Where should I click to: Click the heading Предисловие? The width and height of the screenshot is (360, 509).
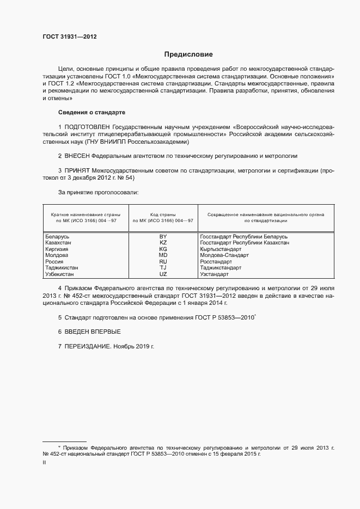point(188,54)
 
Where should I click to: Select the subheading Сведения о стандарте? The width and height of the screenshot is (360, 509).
point(91,112)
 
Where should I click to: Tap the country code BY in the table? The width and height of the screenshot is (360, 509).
point(163,237)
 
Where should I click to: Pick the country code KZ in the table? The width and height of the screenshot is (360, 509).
point(163,243)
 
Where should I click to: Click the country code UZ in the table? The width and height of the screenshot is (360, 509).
point(163,274)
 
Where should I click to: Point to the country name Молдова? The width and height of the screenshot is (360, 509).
point(57,255)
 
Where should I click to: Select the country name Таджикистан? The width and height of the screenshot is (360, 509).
point(62,268)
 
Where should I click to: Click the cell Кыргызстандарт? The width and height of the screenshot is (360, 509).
point(221,249)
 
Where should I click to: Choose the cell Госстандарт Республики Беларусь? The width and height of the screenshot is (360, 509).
point(243,237)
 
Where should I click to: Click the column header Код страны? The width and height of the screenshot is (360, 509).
point(163,214)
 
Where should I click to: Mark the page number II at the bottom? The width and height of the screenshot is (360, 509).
point(44,462)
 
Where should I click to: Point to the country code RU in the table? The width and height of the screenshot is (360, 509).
point(163,261)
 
